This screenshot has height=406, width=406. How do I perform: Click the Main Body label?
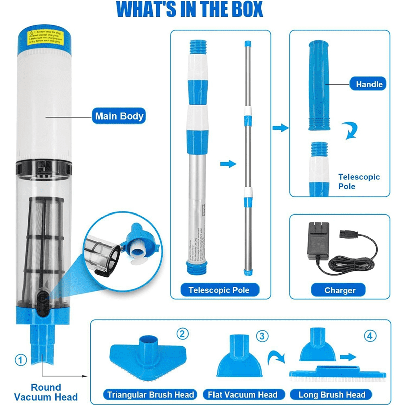point(119,116)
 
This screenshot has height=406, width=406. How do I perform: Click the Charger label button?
point(340,290)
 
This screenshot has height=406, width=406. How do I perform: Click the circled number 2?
point(182,334)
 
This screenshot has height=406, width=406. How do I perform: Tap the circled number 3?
point(262,336)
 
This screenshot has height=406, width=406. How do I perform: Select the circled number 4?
point(370,336)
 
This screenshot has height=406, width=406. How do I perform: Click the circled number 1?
point(21,359)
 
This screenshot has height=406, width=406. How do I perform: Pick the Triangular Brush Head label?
point(151,394)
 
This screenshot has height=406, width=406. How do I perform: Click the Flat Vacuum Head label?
point(243,394)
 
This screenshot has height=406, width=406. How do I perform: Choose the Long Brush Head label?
point(332,394)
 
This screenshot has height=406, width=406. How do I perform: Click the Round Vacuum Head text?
point(46,392)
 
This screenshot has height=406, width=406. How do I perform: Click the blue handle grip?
point(318,85)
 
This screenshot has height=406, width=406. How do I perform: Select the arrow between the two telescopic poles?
point(228,164)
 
